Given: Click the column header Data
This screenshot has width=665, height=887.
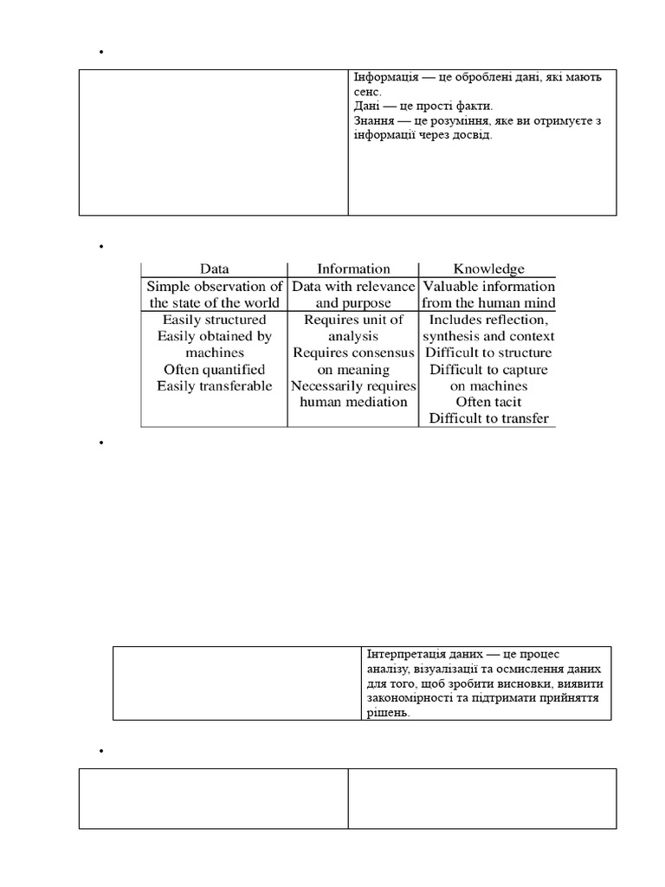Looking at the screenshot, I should (x=214, y=269).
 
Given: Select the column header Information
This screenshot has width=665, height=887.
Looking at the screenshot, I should (x=353, y=269).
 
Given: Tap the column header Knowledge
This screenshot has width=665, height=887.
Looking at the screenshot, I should (x=488, y=269).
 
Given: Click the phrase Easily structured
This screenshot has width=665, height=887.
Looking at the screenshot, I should (x=214, y=320).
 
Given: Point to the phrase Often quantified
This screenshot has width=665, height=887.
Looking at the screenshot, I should (x=214, y=369).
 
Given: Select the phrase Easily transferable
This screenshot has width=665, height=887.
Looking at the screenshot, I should (x=214, y=385).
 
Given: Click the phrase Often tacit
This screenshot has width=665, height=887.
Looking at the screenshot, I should (x=488, y=402).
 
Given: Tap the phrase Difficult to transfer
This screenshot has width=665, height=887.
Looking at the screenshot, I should (x=488, y=418).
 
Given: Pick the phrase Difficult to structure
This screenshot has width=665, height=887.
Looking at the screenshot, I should (x=488, y=353).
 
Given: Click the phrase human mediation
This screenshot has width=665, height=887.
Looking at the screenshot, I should (x=353, y=402).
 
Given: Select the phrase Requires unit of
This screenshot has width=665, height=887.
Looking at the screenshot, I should (x=353, y=320).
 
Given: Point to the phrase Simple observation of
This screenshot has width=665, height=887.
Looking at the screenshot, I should (x=214, y=287).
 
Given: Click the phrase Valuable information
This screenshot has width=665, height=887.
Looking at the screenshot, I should (x=488, y=287).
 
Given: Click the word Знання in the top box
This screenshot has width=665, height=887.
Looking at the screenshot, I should (x=373, y=121).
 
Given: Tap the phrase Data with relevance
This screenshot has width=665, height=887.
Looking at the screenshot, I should (x=353, y=287).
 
